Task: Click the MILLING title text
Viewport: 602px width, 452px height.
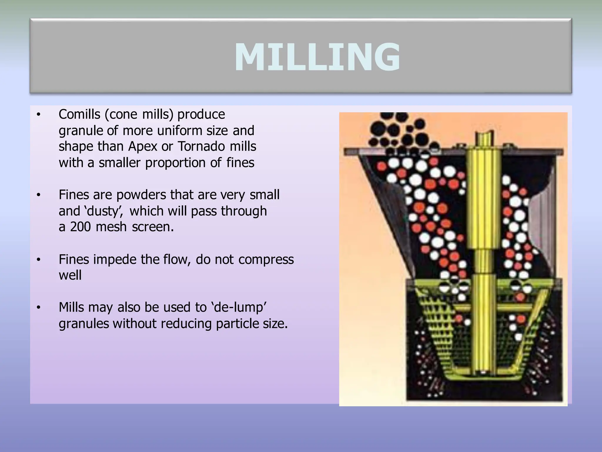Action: tap(317, 57)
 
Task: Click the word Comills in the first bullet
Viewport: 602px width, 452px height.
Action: tap(79, 114)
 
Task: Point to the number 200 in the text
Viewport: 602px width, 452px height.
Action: tap(80, 227)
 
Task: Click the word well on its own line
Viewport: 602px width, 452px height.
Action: tap(70, 275)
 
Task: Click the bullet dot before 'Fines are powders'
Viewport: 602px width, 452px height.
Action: tap(38, 195)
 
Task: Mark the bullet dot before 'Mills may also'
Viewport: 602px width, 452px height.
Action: tap(38, 308)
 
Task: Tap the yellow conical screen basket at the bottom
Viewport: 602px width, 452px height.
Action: tap(441, 338)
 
